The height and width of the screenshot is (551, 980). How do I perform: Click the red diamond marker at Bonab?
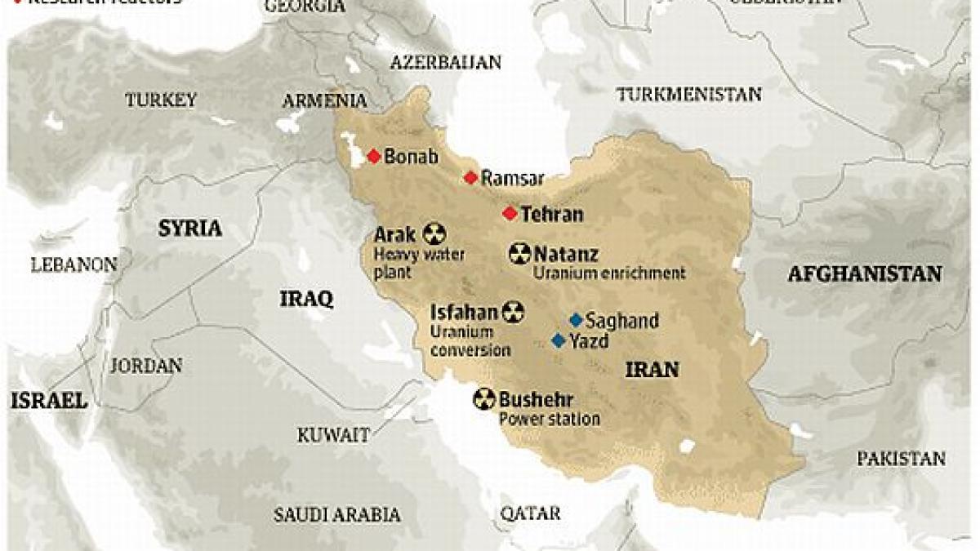click(374, 157)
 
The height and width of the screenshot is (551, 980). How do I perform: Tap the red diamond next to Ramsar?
click(470, 178)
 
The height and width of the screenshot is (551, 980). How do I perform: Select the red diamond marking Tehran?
click(510, 214)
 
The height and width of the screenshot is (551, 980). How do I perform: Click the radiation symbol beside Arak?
click(434, 235)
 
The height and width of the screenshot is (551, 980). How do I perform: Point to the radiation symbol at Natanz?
click(519, 254)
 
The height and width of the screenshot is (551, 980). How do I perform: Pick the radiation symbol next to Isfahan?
click(513, 312)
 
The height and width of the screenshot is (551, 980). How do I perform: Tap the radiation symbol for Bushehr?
click(484, 399)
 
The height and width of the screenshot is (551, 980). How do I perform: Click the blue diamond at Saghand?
click(576, 320)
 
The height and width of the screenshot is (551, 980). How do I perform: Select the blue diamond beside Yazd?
click(559, 340)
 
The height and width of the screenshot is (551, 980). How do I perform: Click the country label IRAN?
click(652, 370)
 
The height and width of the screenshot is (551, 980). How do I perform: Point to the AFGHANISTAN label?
click(865, 274)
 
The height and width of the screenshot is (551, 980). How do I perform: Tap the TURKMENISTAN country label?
click(688, 95)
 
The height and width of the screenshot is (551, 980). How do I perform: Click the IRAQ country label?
click(306, 300)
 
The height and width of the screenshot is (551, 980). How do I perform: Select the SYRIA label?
click(190, 228)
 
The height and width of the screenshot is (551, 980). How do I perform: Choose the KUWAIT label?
click(332, 433)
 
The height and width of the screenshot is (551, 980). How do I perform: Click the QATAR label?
click(531, 513)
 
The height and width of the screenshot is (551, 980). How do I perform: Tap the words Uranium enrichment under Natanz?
click(608, 273)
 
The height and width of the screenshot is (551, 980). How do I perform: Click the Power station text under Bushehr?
click(549, 420)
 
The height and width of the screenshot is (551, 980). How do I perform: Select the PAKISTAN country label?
click(901, 459)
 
